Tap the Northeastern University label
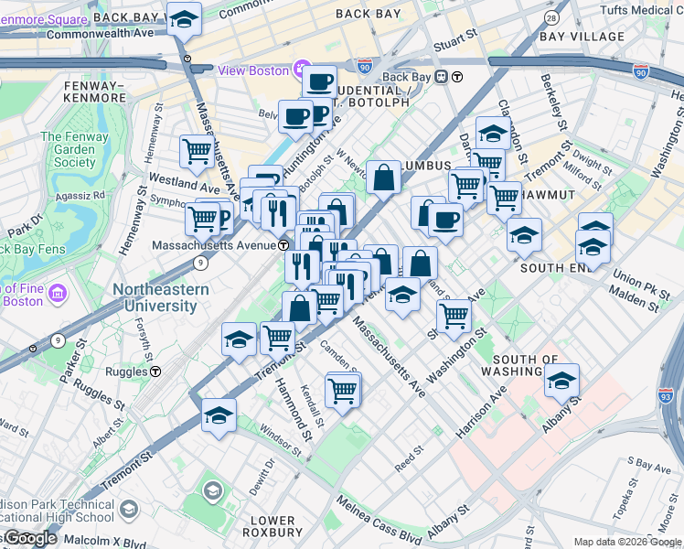pos(160,297)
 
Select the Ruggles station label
pos(126,372)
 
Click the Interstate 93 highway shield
pos(665,395)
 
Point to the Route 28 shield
pos(550,18)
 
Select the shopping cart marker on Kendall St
pos(343,391)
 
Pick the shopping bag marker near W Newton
pos(384,177)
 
